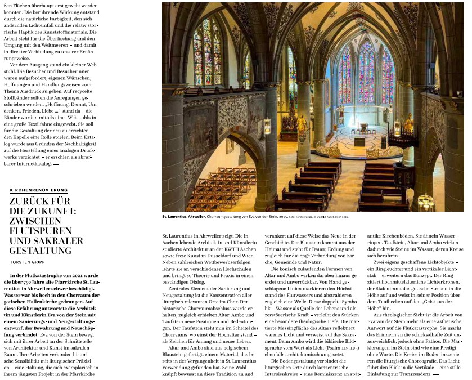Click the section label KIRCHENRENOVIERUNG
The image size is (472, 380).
(x=38, y=190)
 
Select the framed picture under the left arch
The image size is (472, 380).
(x=230, y=146)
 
